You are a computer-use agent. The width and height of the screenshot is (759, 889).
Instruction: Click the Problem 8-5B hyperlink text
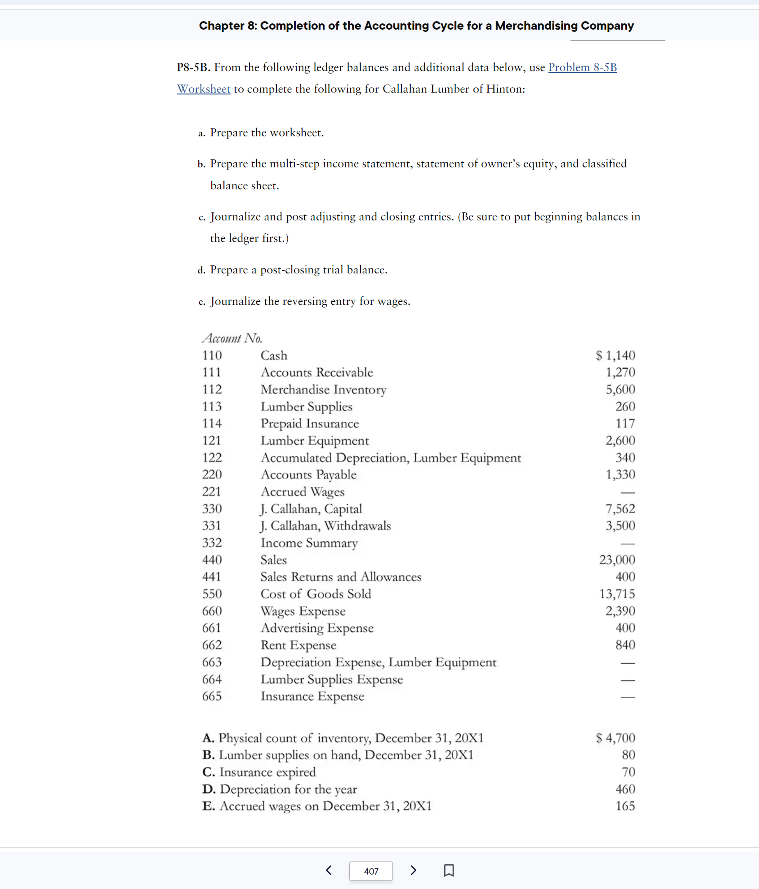(x=582, y=67)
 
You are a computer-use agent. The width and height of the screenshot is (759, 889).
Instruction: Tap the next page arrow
(x=413, y=870)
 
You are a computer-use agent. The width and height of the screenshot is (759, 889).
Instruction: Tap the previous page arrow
(x=329, y=870)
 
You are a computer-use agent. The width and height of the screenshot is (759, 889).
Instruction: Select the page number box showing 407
(x=371, y=871)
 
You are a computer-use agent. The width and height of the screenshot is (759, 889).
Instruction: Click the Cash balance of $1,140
(x=615, y=355)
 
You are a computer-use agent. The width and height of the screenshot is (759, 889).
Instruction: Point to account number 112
(x=212, y=389)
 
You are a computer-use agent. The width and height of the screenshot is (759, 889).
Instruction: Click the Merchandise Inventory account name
(x=323, y=389)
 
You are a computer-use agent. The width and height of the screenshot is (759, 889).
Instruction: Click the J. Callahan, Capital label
(x=311, y=508)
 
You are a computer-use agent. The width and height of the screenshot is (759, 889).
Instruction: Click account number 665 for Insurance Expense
(x=212, y=696)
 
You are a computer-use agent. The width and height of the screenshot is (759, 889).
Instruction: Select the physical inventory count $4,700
(x=615, y=738)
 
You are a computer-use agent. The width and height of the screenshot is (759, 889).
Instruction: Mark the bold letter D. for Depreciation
(x=209, y=789)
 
